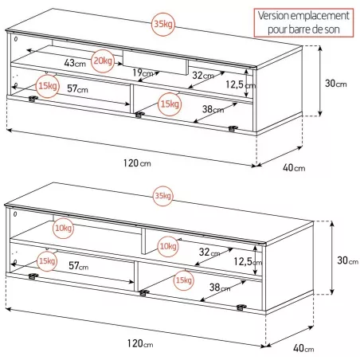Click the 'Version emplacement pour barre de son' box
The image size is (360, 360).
[303, 22]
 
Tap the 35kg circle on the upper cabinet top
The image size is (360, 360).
[163, 24]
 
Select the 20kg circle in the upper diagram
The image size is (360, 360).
[103, 61]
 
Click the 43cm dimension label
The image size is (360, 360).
[75, 63]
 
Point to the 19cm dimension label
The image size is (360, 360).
[143, 72]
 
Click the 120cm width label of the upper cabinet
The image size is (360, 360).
[137, 163]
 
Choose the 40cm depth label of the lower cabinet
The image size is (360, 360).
[303, 348]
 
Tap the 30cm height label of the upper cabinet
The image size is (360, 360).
[336, 84]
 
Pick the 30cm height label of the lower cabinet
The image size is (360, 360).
[348, 260]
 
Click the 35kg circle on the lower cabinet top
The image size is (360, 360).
[163, 196]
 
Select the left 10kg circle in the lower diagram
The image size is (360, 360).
[63, 228]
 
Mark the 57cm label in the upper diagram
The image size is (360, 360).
[77, 88]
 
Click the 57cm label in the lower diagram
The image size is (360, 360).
[79, 265]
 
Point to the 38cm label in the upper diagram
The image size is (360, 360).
[213, 109]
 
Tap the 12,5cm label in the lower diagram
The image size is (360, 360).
[248, 262]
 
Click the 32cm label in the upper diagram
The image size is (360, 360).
[203, 76]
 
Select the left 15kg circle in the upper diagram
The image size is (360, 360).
[48, 86]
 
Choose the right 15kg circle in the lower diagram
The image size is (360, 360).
[183, 280]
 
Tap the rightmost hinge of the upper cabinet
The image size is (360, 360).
[233, 129]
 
